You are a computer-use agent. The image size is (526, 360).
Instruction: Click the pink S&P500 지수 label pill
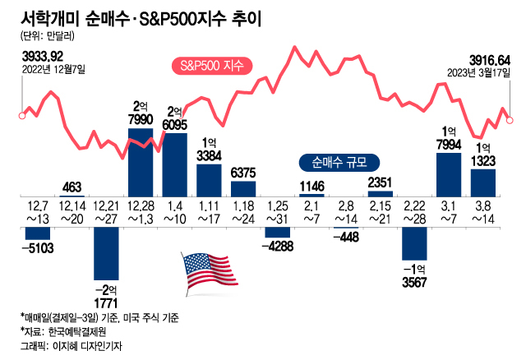tap(213, 66)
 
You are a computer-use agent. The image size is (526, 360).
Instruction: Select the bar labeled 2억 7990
tap(140, 161)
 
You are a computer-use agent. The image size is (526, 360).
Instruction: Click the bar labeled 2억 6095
tap(175, 163)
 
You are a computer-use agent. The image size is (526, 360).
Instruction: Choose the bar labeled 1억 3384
tap(209, 179)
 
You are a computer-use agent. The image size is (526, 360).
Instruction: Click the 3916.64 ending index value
tap(490, 60)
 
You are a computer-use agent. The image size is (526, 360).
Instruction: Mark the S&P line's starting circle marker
tap(21, 116)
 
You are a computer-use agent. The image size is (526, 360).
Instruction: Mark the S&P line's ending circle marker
tap(510, 120)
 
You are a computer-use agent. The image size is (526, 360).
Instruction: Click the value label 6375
tap(242, 173)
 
